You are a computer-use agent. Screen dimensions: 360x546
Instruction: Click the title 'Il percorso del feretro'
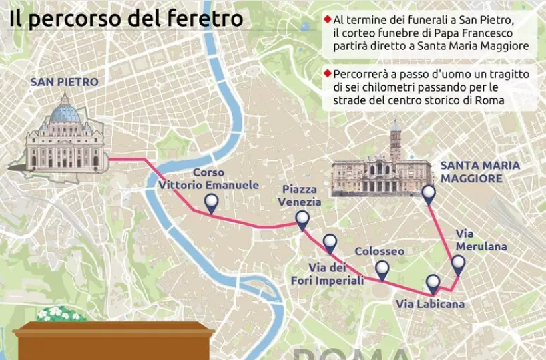click(x=125, y=18)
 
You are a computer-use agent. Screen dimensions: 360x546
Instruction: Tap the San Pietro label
click(x=64, y=82)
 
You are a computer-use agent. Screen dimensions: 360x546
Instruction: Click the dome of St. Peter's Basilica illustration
click(x=65, y=111)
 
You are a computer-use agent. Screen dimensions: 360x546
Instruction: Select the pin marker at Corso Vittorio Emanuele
click(x=212, y=202)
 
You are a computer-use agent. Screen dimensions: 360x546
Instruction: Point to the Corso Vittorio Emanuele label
click(x=208, y=178)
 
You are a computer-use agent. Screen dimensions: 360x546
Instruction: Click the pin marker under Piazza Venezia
click(x=302, y=219)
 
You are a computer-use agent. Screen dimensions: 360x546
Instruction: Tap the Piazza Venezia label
click(x=301, y=196)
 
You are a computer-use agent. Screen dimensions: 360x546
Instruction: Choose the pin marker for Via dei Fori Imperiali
click(x=330, y=242)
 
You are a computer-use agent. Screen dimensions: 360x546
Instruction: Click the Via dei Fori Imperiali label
click(x=327, y=274)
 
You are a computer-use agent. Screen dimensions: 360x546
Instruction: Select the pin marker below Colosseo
click(x=382, y=268)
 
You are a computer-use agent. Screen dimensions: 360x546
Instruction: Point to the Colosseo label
click(x=379, y=251)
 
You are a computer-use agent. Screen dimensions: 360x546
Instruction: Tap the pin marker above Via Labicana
click(x=433, y=283)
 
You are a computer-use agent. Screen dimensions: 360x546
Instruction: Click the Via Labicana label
click(x=430, y=304)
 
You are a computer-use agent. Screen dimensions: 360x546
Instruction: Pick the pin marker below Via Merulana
click(x=458, y=263)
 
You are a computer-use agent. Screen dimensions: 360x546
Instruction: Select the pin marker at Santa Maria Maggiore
click(x=429, y=194)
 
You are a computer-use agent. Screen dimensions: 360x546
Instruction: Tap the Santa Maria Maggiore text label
click(x=479, y=172)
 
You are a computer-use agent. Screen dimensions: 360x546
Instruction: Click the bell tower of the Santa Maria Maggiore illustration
click(x=396, y=142)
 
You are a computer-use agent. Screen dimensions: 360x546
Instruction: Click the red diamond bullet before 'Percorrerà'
click(x=327, y=73)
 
